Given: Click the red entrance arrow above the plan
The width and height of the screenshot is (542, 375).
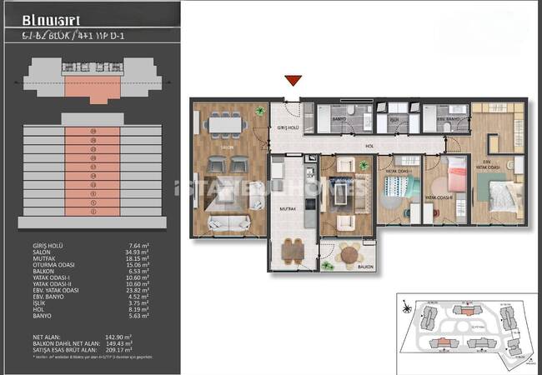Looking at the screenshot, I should tap(292, 80).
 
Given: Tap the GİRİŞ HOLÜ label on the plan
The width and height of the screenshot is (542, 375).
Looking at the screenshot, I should tap(286, 128).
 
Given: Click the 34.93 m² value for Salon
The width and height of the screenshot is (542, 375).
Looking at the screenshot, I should tap(137, 252).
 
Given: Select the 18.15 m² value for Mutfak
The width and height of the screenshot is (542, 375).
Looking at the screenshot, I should tap(137, 259).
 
